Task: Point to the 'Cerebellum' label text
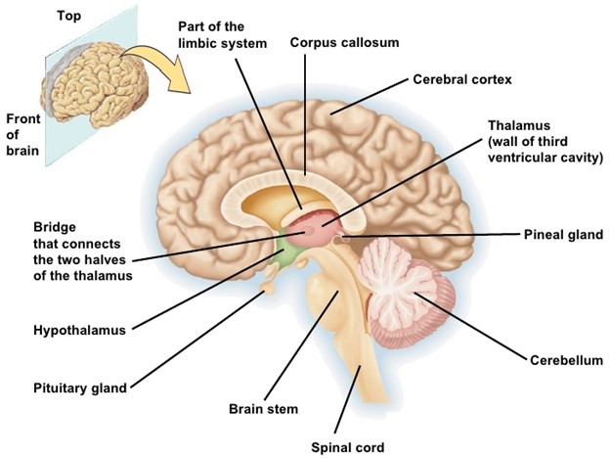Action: (566, 360)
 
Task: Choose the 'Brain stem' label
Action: (263, 409)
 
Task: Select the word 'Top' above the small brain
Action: (69, 17)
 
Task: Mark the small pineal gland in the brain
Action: (338, 237)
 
